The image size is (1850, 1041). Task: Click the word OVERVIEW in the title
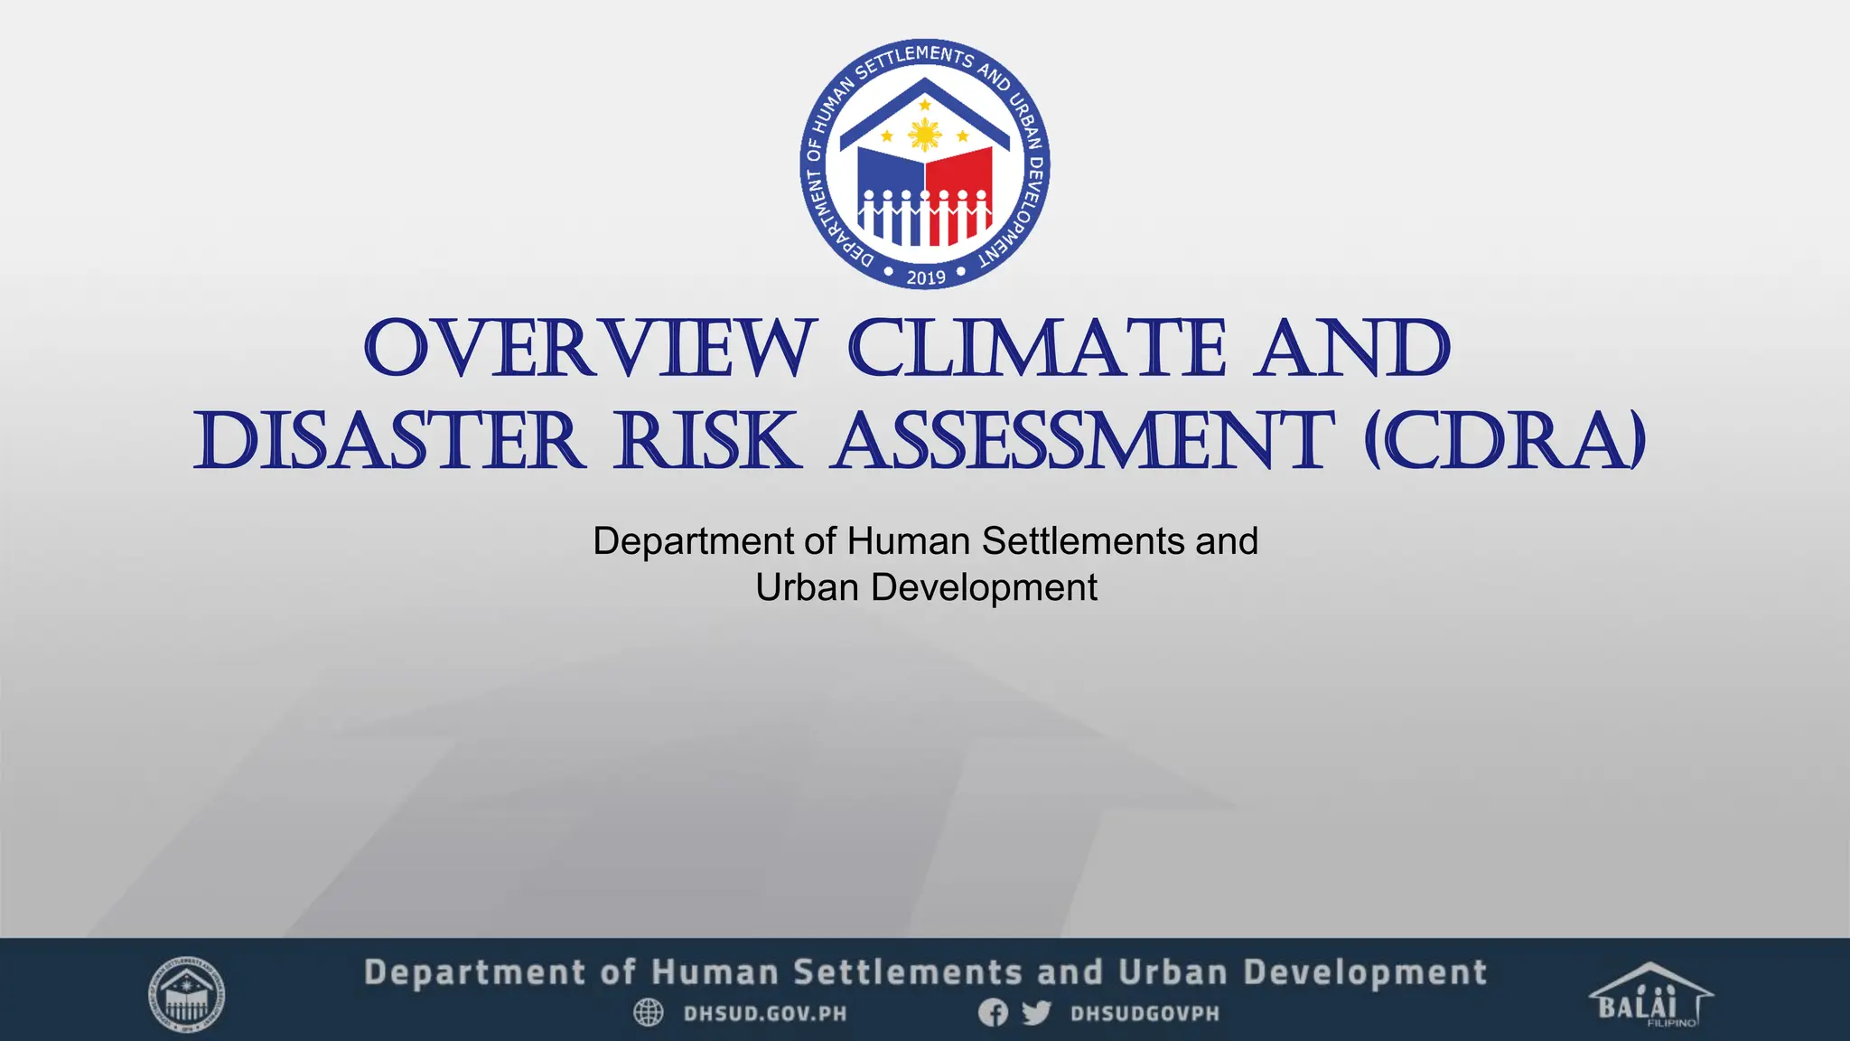[589, 349]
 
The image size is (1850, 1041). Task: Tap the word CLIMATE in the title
[1037, 349]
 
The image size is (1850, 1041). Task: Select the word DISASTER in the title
[390, 442]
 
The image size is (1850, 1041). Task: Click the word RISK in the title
[707, 442]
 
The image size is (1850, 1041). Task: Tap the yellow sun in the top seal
[925, 136]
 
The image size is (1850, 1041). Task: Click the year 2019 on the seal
[926, 277]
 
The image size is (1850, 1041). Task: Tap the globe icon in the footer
[649, 1013]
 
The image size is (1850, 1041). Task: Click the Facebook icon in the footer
[993, 1013]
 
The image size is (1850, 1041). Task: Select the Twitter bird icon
[1036, 1013]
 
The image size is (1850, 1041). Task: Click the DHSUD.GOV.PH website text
[765, 1014]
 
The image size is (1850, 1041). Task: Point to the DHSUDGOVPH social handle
[1145, 1014]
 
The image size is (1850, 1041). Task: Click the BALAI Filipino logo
[1650, 996]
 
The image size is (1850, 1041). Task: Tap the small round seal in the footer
[186, 995]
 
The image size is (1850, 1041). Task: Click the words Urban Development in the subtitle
[926, 587]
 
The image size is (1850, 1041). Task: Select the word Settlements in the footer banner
[908, 973]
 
